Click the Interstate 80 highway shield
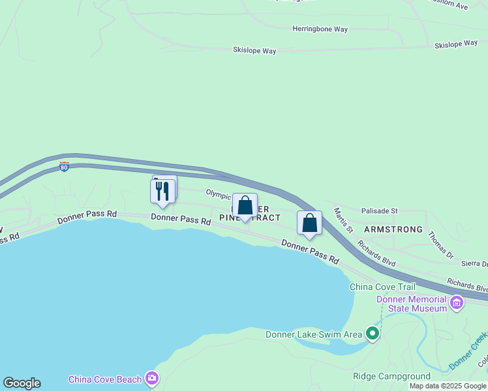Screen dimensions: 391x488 (64, 167)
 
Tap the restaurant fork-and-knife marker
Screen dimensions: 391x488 (162, 190)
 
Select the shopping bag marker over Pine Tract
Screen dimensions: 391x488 (245, 206)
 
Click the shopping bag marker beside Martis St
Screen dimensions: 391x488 (309, 223)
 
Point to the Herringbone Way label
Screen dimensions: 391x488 (320, 29)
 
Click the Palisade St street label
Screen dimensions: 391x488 (379, 211)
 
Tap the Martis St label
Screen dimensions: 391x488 (343, 221)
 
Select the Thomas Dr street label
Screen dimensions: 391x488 (440, 243)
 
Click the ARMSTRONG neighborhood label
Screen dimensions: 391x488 (393, 230)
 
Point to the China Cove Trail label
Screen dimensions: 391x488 (382, 287)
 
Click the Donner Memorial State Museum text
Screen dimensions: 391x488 (412, 304)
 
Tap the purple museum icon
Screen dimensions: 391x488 (457, 302)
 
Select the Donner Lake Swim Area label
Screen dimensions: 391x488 (313, 335)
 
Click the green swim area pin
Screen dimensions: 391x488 (373, 334)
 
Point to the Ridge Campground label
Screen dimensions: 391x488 (391, 377)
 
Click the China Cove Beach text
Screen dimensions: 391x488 (105, 379)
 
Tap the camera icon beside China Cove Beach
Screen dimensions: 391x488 (152, 378)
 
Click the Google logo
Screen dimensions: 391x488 (22, 383)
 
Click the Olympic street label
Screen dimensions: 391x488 (219, 194)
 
